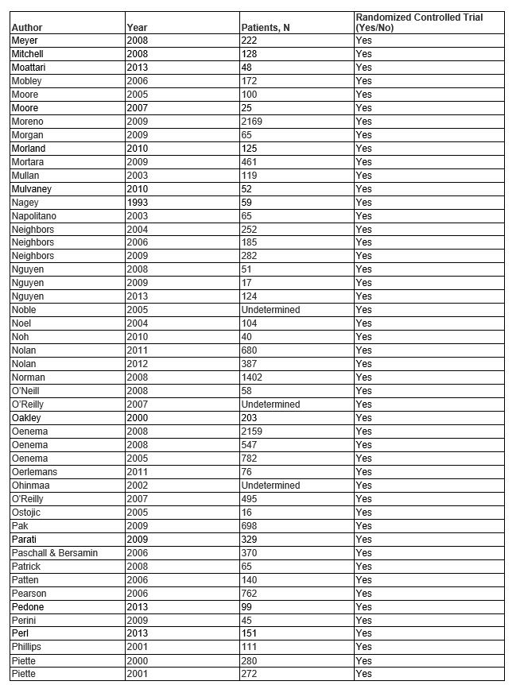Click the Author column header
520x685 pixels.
pos(26,28)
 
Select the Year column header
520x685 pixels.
pos(137,28)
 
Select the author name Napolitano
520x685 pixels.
pos(33,216)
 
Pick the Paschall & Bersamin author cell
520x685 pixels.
pos(54,553)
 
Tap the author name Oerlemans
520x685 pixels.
pos(34,472)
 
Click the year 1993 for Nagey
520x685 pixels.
pos(137,203)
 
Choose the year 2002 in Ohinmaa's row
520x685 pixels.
pos(137,486)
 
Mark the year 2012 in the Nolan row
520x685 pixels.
pos(137,364)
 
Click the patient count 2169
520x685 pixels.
pos(251,122)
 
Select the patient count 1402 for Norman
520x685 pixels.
pos(251,377)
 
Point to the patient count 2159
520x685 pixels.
pos(251,432)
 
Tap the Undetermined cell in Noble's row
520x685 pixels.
pos(270,310)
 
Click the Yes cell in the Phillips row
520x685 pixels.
pos(363,647)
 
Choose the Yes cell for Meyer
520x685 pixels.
pos(363,41)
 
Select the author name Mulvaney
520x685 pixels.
pos(31,189)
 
